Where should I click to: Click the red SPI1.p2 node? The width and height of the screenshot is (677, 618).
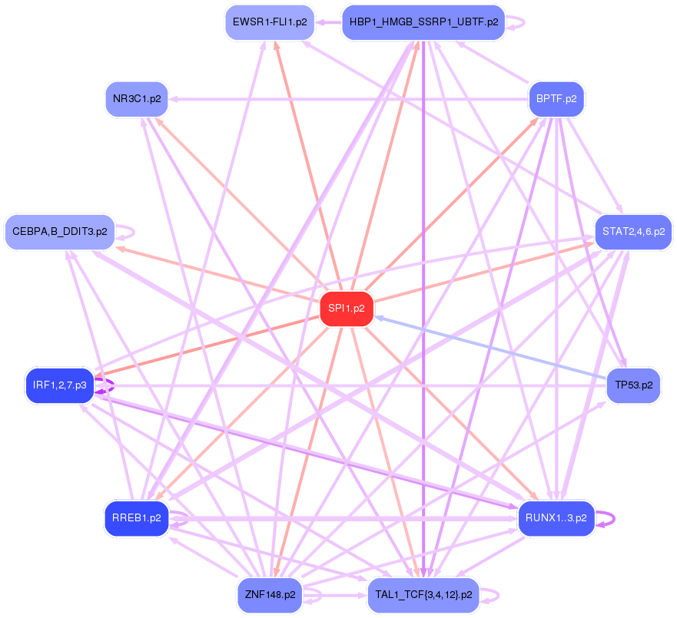click(347, 309)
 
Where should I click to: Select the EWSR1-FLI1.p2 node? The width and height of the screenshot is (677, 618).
click(270, 22)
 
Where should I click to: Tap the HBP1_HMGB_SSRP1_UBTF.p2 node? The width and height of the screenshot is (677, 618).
click(423, 22)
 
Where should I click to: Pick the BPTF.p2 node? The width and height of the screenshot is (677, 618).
click(556, 99)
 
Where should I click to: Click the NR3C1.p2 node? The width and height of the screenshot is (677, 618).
click(137, 99)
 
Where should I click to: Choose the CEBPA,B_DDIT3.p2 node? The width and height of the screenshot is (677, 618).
click(59, 231)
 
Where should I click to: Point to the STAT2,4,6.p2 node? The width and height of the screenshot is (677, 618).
click(633, 231)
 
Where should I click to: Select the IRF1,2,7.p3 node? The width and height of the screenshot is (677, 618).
click(59, 385)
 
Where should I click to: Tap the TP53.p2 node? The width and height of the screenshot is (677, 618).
click(633, 385)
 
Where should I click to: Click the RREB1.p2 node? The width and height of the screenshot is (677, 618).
click(136, 518)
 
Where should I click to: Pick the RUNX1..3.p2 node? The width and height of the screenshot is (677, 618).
click(556, 518)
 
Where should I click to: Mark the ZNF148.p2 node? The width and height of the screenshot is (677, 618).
click(270, 595)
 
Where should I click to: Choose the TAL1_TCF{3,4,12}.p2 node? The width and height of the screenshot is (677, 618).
click(423, 595)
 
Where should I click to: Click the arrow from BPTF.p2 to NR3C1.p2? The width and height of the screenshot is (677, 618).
click(346, 99)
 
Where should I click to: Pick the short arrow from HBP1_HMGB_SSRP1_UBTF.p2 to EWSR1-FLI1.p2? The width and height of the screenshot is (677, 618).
click(328, 22)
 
